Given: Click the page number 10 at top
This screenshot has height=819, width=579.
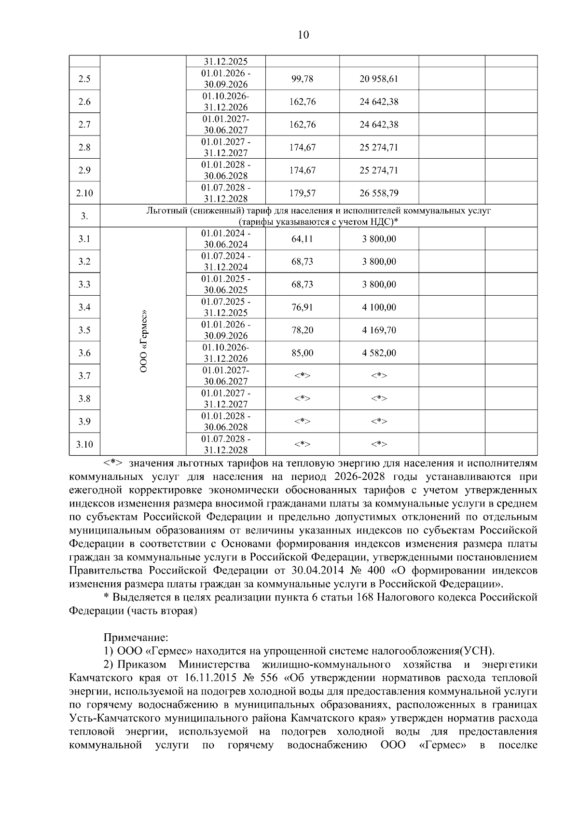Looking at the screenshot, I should coord(303,35).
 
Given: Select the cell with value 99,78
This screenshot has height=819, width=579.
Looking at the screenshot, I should coord(303,79).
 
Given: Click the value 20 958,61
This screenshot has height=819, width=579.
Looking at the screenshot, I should coord(379,79).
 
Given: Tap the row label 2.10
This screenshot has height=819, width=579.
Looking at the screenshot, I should coord(84,193).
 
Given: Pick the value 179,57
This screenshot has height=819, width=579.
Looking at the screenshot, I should coord(303,193).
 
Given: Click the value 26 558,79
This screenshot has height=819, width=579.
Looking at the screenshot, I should coord(379,193).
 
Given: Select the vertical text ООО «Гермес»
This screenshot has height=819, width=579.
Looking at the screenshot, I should coord(144,341).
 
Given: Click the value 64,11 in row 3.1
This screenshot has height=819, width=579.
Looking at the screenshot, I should coord(303,239).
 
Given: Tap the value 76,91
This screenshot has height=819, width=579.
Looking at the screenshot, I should coord(303,307).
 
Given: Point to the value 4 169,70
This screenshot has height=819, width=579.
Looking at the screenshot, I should coord(379,330).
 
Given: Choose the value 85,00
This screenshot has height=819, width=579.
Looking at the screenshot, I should coord(303,353).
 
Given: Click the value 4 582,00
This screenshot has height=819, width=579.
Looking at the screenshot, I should coord(379,353).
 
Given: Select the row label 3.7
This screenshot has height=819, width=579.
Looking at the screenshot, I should coord(84,376).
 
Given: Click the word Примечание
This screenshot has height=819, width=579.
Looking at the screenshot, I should coord(136,637).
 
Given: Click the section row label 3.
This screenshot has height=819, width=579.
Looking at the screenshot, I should coord(84,216).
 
